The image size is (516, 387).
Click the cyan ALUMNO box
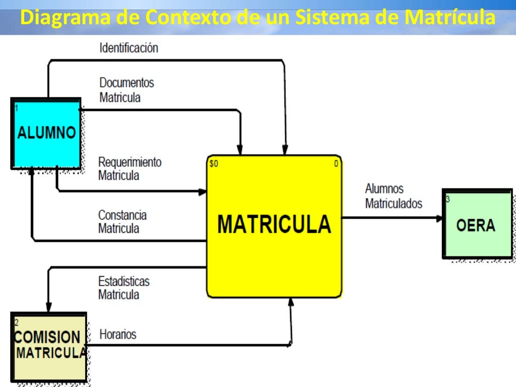click(46, 134)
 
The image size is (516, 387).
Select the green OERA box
click(477, 224)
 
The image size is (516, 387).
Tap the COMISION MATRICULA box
click(49, 346)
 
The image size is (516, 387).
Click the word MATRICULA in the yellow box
click(274, 224)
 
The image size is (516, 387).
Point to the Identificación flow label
click(128, 48)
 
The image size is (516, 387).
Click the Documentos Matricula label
click(126, 90)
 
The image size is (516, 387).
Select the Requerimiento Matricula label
click(130, 169)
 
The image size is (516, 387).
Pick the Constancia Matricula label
click(122, 222)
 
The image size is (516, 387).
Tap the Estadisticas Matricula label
click(123, 288)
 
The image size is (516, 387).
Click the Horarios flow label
click(117, 334)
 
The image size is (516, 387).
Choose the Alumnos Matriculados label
click(394, 196)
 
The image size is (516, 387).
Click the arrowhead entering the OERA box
click(439, 218)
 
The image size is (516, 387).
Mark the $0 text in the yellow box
click(214, 163)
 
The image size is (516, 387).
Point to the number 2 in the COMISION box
click(17, 322)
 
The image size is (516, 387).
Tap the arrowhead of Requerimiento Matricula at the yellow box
click(203, 191)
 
